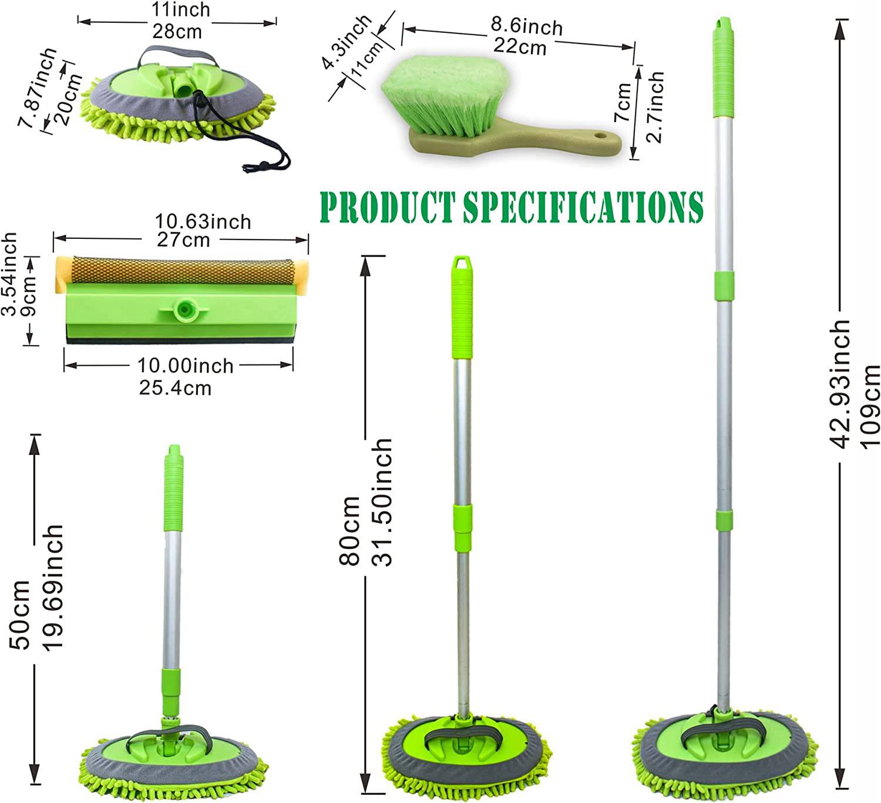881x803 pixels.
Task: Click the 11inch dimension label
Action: pyautogui.click(x=180, y=10)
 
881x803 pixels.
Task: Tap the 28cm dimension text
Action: pyautogui.click(x=177, y=32)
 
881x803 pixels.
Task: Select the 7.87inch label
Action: pyautogui.click(x=38, y=88)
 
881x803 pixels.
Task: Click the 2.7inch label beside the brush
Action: pyautogui.click(x=655, y=107)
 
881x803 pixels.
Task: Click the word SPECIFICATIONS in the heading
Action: pyautogui.click(x=584, y=206)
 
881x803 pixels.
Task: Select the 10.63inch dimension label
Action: pyautogui.click(x=203, y=222)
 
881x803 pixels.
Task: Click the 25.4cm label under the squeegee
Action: pyautogui.click(x=175, y=388)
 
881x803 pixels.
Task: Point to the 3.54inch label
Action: pyautogui.click(x=9, y=274)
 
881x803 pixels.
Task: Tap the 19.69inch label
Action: pyautogui.click(x=53, y=586)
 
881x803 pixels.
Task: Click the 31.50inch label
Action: pyautogui.click(x=382, y=502)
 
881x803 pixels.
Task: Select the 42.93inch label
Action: pyautogui.click(x=839, y=384)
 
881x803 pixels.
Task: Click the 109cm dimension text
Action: pyautogui.click(x=870, y=407)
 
